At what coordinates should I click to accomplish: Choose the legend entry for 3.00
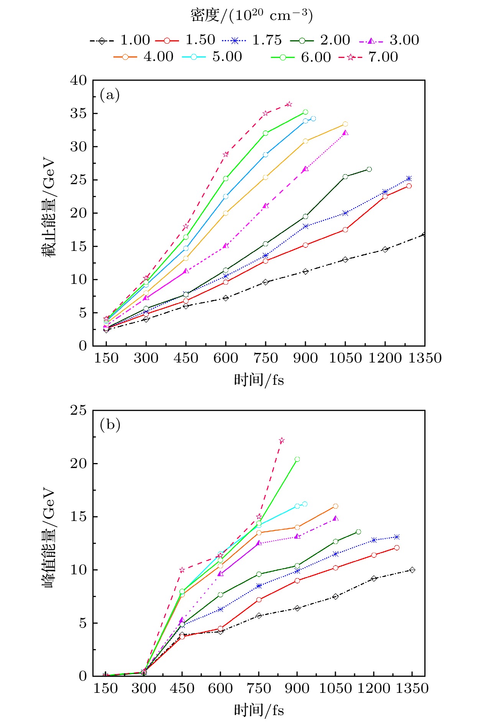tap(389, 40)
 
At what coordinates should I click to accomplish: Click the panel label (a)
tap(110, 94)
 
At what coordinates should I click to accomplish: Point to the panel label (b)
tap(110, 425)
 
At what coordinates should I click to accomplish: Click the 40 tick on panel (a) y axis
tap(79, 81)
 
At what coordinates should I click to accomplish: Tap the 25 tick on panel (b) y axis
tap(79, 410)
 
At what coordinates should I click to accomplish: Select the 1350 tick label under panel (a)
tap(425, 358)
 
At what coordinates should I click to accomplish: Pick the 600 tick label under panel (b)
tap(220, 689)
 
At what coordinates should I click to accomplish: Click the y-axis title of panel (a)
tap(49, 207)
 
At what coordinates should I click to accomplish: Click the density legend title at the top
tap(251, 15)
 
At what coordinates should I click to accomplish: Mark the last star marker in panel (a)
tap(289, 104)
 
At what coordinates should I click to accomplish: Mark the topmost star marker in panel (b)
tap(282, 440)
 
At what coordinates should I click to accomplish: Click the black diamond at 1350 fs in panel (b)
tap(412, 570)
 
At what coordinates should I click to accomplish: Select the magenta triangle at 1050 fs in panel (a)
tap(345, 133)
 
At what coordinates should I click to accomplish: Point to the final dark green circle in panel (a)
tap(369, 169)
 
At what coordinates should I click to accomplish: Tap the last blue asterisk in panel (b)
tap(397, 537)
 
